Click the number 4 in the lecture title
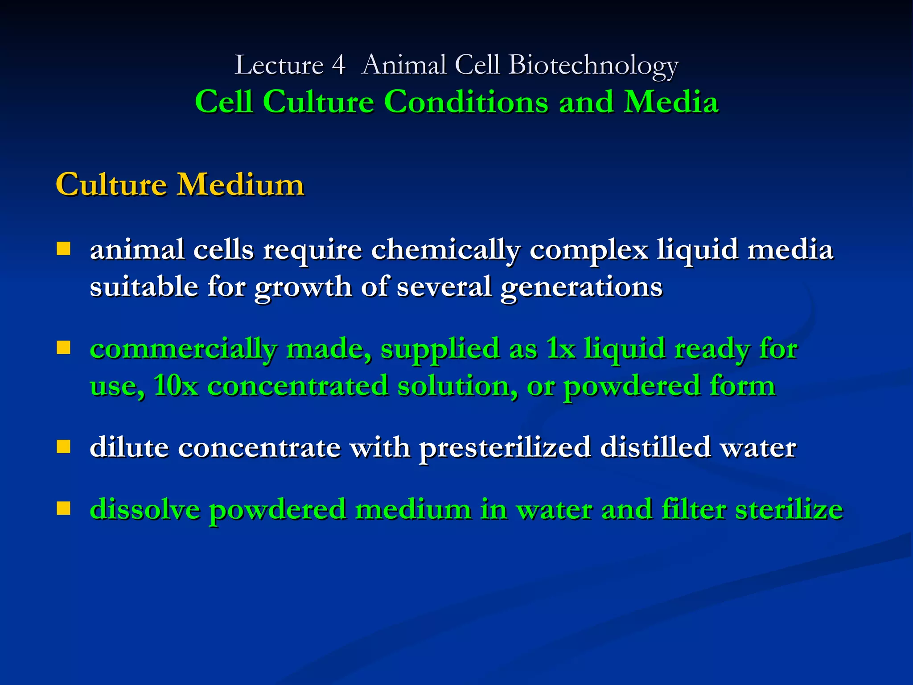point(339,65)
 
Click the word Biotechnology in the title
point(593,66)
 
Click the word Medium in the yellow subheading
point(241,184)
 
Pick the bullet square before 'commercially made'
point(64,347)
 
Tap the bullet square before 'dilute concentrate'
point(64,446)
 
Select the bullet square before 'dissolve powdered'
point(64,508)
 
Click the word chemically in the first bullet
point(445,250)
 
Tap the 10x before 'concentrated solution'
point(176,385)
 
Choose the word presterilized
point(505,448)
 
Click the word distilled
point(655,447)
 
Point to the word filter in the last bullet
point(694,509)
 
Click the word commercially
point(183,349)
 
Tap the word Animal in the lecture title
point(404,65)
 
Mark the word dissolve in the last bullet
point(145,509)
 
